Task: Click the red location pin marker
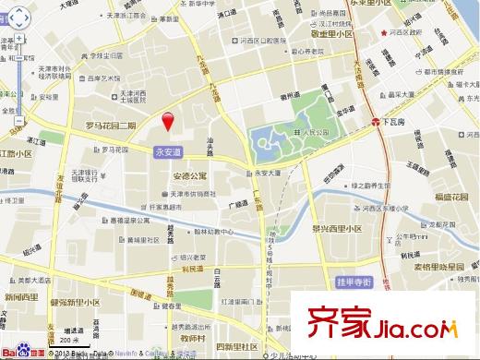[x=168, y=121]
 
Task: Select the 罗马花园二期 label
[x=111, y=126]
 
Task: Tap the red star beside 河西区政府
[x=385, y=34]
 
